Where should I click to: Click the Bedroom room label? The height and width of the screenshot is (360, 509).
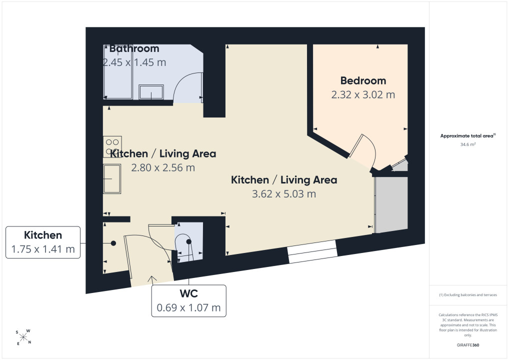[363, 80]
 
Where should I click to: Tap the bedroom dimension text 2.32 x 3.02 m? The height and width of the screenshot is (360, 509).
[363, 95]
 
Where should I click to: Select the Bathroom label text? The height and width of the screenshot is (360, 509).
[134, 48]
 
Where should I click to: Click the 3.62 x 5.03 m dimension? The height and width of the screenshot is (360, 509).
[284, 194]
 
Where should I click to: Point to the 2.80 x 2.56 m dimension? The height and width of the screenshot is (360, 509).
[163, 168]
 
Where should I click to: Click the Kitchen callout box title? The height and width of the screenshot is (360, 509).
[43, 235]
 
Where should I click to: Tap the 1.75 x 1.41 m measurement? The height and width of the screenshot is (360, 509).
[43, 249]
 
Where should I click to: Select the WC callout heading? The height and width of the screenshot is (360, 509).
[188, 293]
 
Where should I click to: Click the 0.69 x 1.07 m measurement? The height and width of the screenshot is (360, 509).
[188, 307]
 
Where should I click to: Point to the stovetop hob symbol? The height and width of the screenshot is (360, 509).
[112, 146]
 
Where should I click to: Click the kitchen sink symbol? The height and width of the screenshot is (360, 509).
[112, 178]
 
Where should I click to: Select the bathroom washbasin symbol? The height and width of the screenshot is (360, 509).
[151, 92]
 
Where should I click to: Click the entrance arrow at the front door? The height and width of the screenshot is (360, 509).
[152, 280]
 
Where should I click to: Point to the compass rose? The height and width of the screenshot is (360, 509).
[23, 337]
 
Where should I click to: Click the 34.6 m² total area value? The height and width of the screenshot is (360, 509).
[468, 144]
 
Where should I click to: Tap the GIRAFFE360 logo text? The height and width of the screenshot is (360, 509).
[468, 345]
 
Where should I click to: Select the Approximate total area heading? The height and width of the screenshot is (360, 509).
[468, 136]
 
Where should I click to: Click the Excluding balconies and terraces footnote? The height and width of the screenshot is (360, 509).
[468, 295]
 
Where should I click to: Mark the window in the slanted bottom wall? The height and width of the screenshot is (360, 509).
[312, 251]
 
